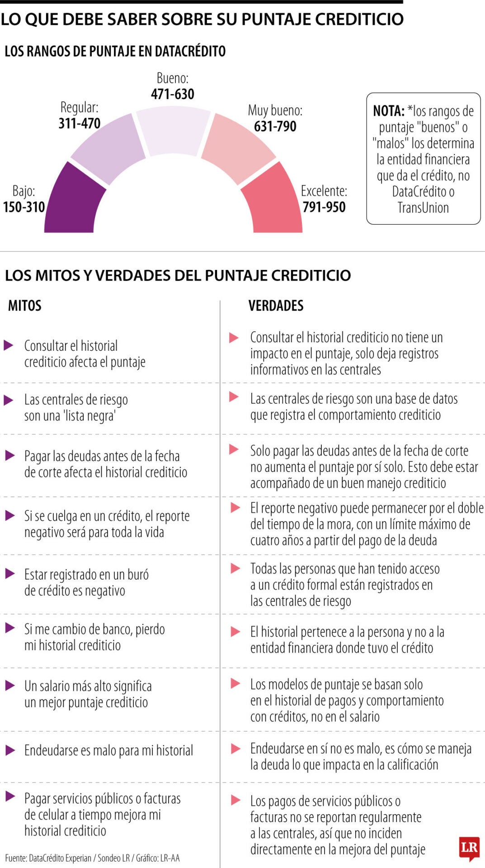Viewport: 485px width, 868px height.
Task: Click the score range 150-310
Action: (24, 207)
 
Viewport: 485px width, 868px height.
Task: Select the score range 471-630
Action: (173, 94)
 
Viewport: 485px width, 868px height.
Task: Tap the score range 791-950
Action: (324, 207)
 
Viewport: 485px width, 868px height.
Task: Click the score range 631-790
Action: (275, 126)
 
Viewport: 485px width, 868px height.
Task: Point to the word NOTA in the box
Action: (388, 111)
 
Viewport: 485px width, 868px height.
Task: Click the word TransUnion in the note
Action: (423, 208)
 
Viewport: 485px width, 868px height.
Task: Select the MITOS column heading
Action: (25, 306)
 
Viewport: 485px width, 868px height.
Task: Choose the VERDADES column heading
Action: (276, 306)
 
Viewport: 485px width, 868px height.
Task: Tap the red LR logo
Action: (469, 846)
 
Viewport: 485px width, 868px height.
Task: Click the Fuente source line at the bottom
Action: (92, 858)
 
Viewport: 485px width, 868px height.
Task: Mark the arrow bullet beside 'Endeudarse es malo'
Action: (9, 750)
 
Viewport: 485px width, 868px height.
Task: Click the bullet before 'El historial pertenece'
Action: (235, 632)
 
